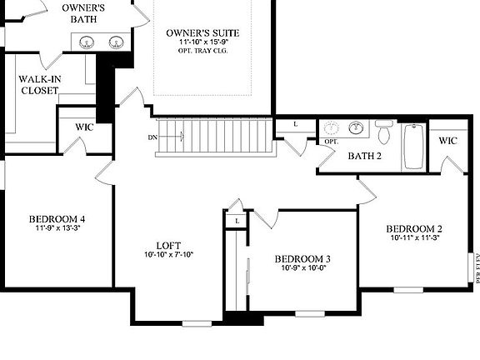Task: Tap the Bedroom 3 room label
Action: tap(302, 258)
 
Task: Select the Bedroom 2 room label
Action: tap(414, 228)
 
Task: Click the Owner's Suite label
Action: tap(197, 32)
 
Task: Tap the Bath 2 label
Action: tap(364, 155)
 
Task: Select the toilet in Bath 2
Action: tap(384, 132)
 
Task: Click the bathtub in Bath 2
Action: tap(413, 146)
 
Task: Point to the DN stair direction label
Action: tap(153, 137)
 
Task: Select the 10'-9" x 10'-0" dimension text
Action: tap(303, 268)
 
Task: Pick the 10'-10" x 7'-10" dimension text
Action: tap(167, 255)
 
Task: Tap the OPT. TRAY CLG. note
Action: tap(197, 51)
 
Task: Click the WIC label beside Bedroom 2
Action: tap(448, 141)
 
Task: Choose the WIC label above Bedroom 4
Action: tap(84, 127)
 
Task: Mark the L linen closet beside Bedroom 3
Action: tap(237, 221)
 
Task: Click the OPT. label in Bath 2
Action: tap(331, 142)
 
